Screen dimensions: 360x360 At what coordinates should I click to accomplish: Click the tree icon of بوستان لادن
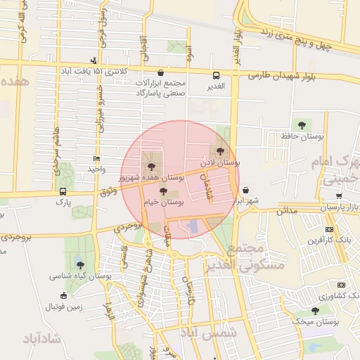[x=221, y=150]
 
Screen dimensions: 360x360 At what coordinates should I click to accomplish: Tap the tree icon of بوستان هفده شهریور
[x=150, y=167]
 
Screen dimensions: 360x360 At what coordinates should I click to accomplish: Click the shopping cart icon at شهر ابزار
[x=245, y=190]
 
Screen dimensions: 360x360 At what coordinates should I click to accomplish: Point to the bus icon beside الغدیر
[x=216, y=75]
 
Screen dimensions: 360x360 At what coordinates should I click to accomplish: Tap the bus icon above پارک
[x=63, y=191]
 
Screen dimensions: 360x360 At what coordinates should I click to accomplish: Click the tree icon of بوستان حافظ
[x=302, y=125]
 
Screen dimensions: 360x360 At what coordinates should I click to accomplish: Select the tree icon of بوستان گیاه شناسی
[x=79, y=265]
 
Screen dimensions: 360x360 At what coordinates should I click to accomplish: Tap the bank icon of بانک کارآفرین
[x=330, y=230]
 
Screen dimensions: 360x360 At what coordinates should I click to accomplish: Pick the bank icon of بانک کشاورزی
[x=341, y=285]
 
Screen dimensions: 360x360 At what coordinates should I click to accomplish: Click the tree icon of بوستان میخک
[x=315, y=310]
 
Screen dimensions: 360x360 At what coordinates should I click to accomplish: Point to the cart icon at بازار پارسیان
[x=338, y=196]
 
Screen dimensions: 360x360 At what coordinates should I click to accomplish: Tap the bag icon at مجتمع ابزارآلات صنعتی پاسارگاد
[x=161, y=72]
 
